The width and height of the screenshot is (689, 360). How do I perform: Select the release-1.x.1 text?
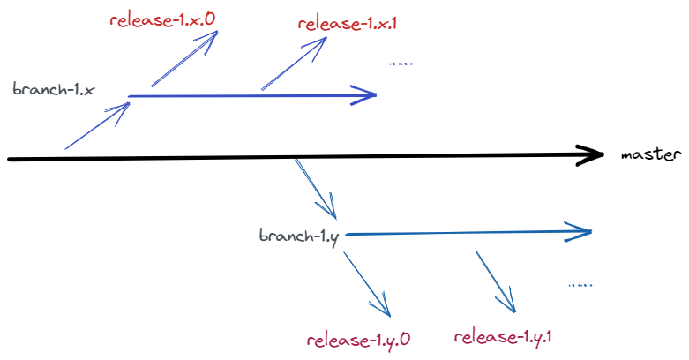point(348,22)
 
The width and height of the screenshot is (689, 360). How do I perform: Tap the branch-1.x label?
point(54,90)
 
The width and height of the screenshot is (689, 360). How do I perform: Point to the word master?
point(651,154)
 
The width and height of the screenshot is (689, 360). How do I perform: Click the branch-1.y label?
point(300,236)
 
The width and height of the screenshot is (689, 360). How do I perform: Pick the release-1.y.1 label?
point(506,336)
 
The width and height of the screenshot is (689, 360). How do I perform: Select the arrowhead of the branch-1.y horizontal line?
point(580,232)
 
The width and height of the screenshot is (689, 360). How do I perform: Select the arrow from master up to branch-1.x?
point(97,126)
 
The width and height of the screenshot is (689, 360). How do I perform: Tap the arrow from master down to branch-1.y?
point(316,188)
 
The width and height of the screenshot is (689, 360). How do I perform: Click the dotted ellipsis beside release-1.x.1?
point(400,64)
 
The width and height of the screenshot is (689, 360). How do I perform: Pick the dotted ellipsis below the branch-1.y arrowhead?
point(580,285)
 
